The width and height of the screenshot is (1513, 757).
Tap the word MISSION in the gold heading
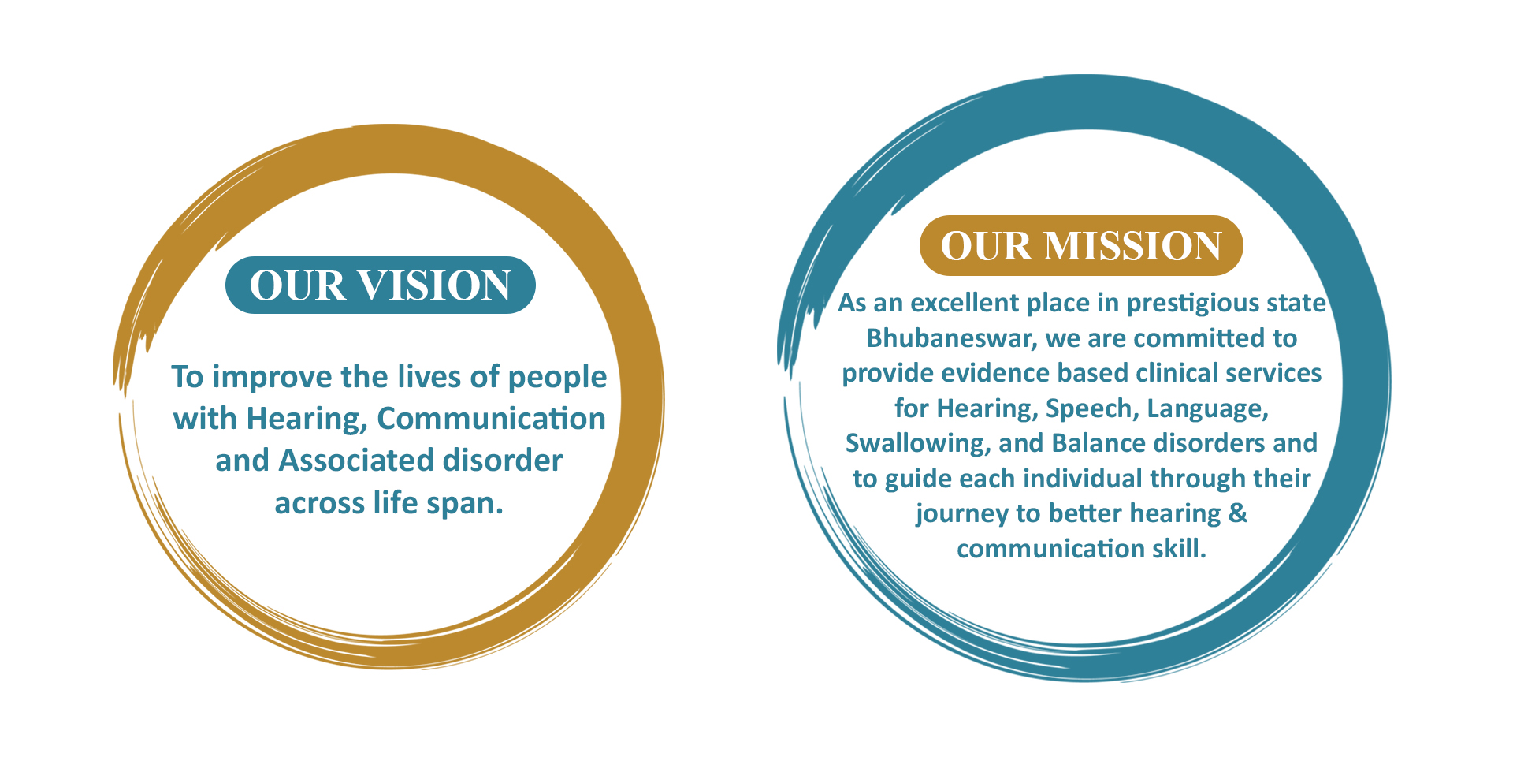1132,246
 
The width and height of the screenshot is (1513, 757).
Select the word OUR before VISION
297,285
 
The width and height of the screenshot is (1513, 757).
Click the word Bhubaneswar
952,338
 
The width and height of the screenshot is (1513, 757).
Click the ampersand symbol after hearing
1238,513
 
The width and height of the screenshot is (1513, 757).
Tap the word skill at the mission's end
1179,549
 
